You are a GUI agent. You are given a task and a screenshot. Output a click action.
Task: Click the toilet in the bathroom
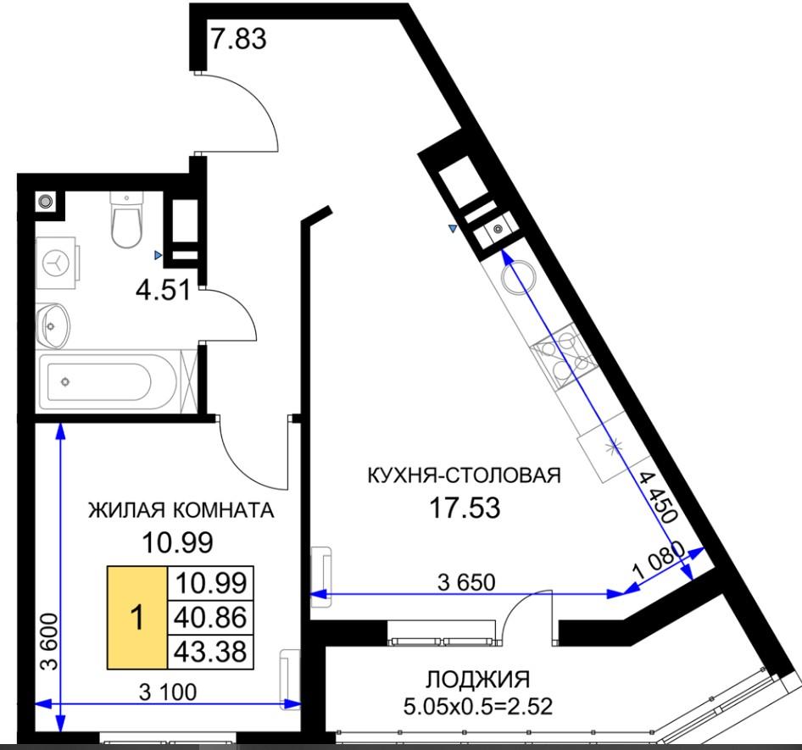[126, 219]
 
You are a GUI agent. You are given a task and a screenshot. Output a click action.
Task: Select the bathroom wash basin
[53, 325]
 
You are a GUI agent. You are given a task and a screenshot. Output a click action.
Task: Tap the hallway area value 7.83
[238, 39]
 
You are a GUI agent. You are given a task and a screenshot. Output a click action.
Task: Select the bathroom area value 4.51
[163, 291]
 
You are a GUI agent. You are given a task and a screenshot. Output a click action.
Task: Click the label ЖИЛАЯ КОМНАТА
[181, 510]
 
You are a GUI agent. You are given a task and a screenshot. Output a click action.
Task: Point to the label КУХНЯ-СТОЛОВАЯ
[465, 475]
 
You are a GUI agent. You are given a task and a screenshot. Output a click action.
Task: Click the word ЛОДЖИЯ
[477, 680]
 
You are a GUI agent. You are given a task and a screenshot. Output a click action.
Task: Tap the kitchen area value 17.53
[465, 508]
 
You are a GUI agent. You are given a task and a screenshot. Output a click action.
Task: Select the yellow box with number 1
[137, 618]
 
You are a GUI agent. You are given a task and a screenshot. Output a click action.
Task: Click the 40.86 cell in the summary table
[211, 618]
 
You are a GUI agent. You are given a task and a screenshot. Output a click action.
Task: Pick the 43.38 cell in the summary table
[211, 652]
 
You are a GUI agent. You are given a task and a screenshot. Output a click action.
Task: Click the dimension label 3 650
[466, 582]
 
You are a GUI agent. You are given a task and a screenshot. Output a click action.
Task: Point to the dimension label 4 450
[658, 497]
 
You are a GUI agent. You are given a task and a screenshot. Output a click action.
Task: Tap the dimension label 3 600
[51, 642]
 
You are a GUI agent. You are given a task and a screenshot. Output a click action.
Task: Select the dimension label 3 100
[168, 692]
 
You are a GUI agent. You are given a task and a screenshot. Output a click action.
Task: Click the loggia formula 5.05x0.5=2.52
[477, 707]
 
